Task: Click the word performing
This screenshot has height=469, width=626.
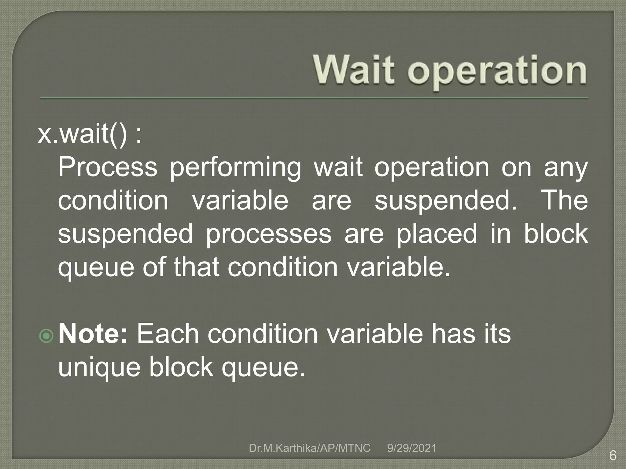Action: (235, 168)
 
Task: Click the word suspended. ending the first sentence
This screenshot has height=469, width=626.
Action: (445, 201)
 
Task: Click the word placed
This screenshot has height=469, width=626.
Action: (436, 234)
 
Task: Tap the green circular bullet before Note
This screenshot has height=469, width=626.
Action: (46, 336)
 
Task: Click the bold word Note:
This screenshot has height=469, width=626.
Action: (93, 334)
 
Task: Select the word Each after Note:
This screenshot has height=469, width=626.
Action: (168, 334)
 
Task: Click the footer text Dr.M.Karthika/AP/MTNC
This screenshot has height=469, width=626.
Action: (309, 448)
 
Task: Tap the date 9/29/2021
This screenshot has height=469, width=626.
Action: (411, 448)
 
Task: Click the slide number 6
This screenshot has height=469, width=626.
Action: (613, 456)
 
